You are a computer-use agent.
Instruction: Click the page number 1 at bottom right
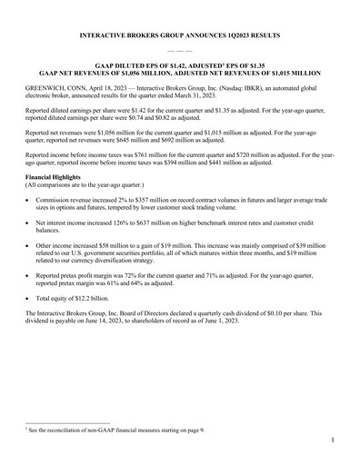point(334,440)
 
